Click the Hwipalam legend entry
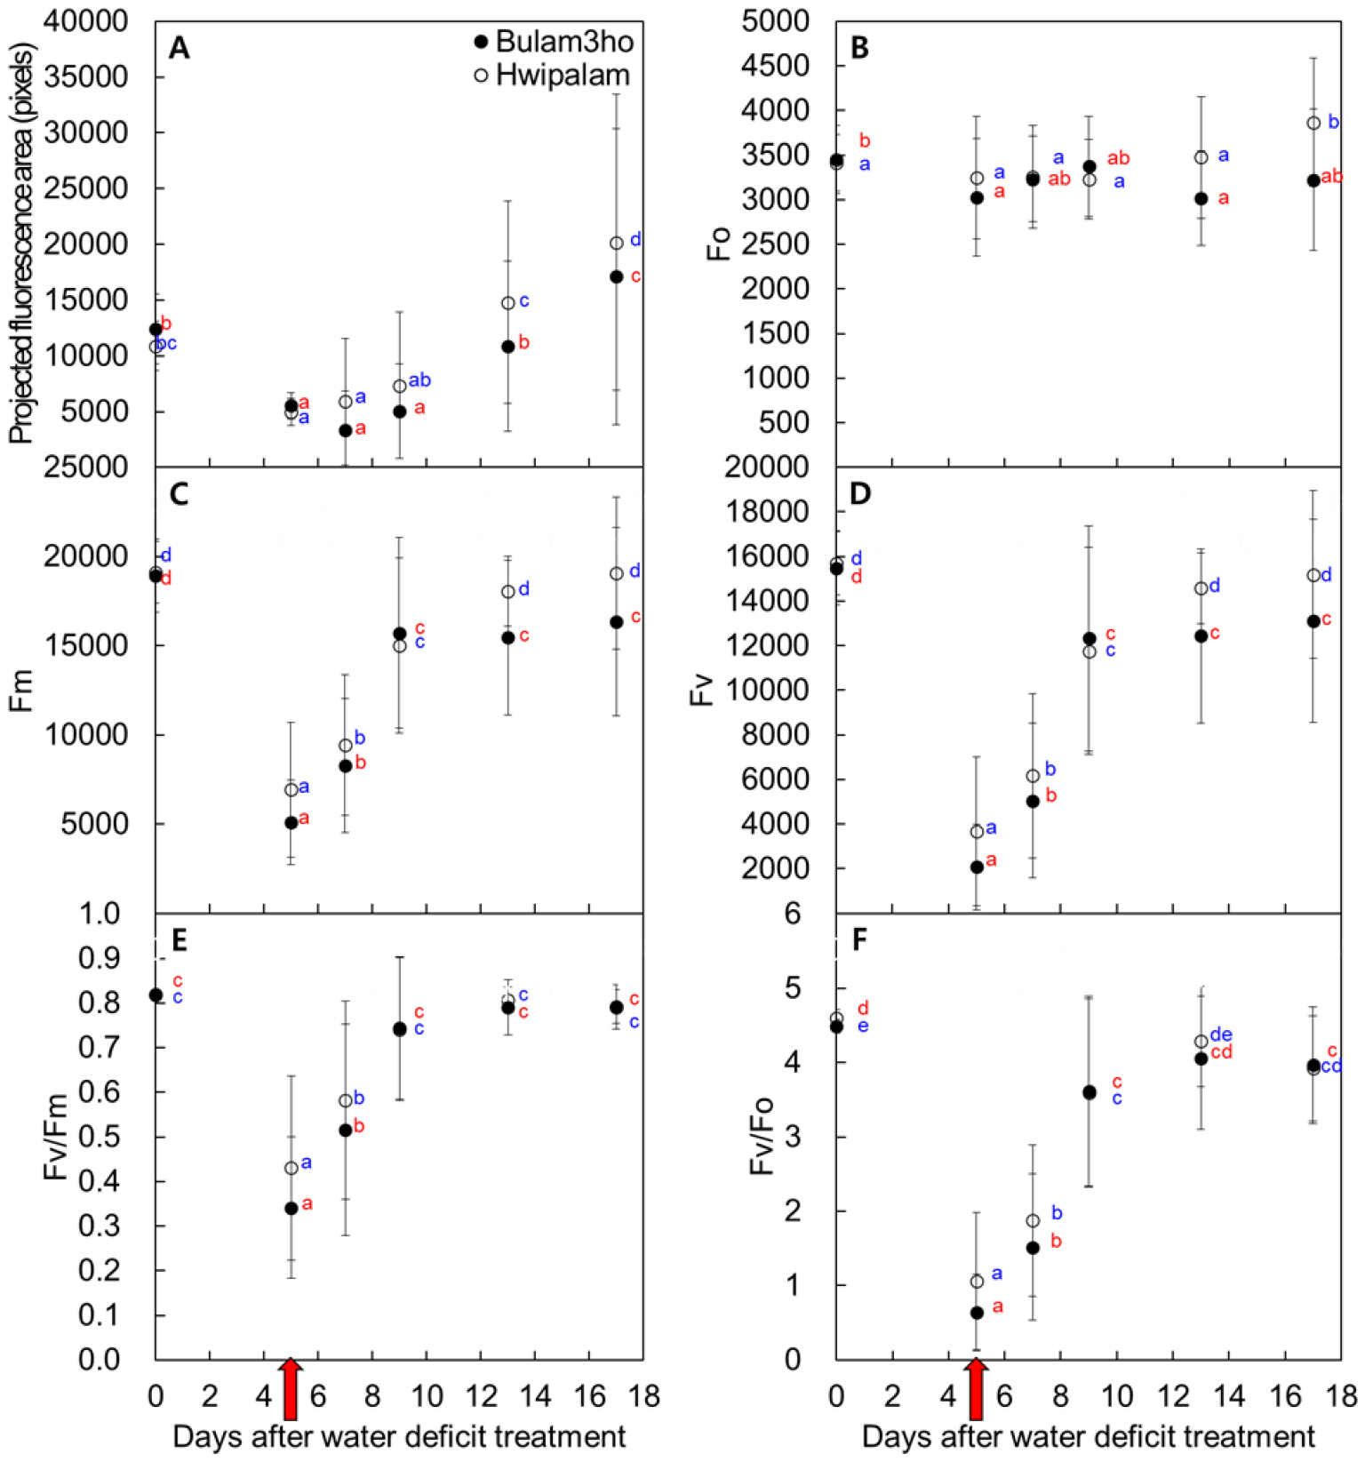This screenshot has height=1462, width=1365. [x=552, y=76]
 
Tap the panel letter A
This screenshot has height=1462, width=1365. [x=179, y=48]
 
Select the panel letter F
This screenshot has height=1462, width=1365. [x=858, y=940]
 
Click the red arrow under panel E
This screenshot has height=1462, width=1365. [x=290, y=1388]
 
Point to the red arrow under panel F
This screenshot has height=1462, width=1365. [x=975, y=1388]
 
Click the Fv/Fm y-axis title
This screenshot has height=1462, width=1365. [x=55, y=1137]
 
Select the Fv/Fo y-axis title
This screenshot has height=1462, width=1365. [x=762, y=1136]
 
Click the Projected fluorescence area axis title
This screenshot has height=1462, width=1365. [x=21, y=244]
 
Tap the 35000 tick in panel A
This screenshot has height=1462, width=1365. [x=85, y=76]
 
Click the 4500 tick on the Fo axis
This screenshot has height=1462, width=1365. [x=776, y=66]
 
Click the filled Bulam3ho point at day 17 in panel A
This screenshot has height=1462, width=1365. [x=617, y=277]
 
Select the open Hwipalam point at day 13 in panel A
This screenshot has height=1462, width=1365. [x=508, y=303]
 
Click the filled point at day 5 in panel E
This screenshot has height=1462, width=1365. [x=291, y=1209]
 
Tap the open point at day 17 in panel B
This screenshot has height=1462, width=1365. [x=1313, y=124]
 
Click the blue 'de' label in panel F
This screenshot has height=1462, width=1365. [x=1221, y=1035]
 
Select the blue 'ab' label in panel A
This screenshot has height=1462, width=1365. [x=419, y=380]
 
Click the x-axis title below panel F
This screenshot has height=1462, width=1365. [x=1088, y=1437]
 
